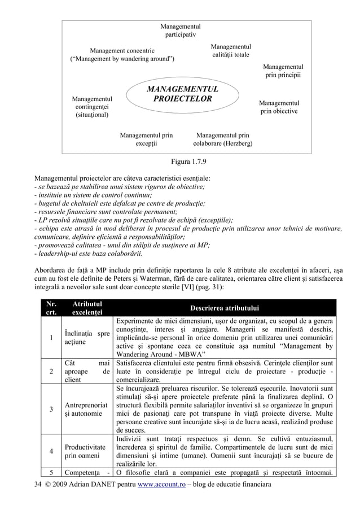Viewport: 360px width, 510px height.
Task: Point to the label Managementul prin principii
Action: pyautogui.click(x=283, y=71)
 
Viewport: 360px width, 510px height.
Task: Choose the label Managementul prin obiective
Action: pyautogui.click(x=279, y=107)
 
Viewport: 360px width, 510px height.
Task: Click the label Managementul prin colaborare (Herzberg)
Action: pyautogui.click(x=222, y=140)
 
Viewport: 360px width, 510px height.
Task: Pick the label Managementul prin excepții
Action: pyautogui.click(x=146, y=140)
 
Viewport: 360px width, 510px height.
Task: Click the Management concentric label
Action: pyautogui.click(x=122, y=54)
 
